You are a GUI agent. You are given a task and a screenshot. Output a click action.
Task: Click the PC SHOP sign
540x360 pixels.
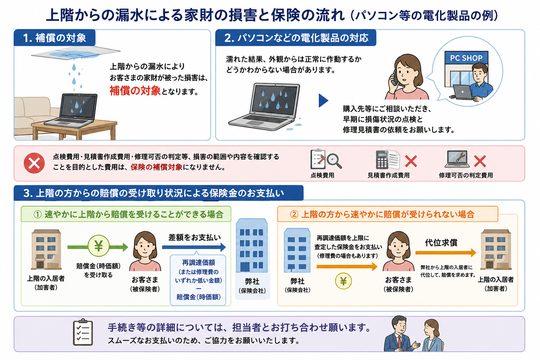(x=466, y=58)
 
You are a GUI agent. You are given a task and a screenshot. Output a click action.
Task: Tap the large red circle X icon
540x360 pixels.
(x=34, y=163)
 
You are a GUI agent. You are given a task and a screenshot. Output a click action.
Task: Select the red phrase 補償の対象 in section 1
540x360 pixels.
(x=135, y=91)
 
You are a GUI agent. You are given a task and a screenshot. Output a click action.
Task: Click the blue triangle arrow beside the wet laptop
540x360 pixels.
(x=323, y=100)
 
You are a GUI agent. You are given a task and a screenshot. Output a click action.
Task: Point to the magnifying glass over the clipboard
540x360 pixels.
(x=334, y=161)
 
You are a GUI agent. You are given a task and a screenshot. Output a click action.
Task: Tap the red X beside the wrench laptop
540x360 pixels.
(x=480, y=161)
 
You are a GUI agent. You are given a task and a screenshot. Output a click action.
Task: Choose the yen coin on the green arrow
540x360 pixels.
(x=98, y=246)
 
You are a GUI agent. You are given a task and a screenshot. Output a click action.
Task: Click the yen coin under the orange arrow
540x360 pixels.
(x=343, y=281)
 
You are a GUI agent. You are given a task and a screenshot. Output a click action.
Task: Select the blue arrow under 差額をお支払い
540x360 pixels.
(x=194, y=247)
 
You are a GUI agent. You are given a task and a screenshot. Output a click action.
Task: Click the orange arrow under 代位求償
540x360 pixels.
(x=446, y=253)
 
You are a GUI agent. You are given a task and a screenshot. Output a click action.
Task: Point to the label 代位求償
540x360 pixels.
(x=441, y=242)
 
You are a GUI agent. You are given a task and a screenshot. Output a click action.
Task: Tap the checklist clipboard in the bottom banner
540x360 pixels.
(x=83, y=332)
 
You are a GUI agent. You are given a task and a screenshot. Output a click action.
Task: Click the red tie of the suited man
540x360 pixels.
(x=399, y=341)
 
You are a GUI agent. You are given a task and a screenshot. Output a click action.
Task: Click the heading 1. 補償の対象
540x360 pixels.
(x=54, y=38)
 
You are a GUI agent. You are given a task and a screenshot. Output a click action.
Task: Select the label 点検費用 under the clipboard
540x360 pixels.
(x=322, y=175)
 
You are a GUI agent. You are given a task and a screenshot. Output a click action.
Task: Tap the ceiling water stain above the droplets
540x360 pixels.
(x=74, y=54)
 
